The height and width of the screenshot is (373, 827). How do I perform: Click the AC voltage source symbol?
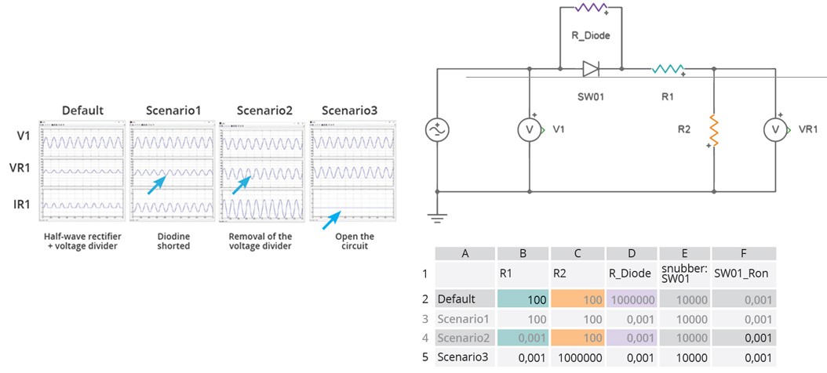coord(436,130)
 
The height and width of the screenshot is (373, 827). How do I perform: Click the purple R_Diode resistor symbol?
coord(590,9)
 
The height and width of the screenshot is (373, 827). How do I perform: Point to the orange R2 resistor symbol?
coord(713,130)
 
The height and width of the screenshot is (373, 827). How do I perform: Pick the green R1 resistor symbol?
coord(668,69)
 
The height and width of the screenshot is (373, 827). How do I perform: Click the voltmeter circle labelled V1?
coord(530,130)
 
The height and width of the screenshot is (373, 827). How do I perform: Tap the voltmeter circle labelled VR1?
coord(775,130)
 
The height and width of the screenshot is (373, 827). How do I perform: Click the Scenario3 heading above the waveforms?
coord(349,110)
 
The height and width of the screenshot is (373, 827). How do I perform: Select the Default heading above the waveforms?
coord(83,110)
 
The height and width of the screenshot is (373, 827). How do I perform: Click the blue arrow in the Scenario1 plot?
coord(157,183)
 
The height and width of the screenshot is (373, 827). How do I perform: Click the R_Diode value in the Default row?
coord(632,299)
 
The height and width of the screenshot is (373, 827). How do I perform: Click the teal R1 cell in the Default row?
coord(524,299)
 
